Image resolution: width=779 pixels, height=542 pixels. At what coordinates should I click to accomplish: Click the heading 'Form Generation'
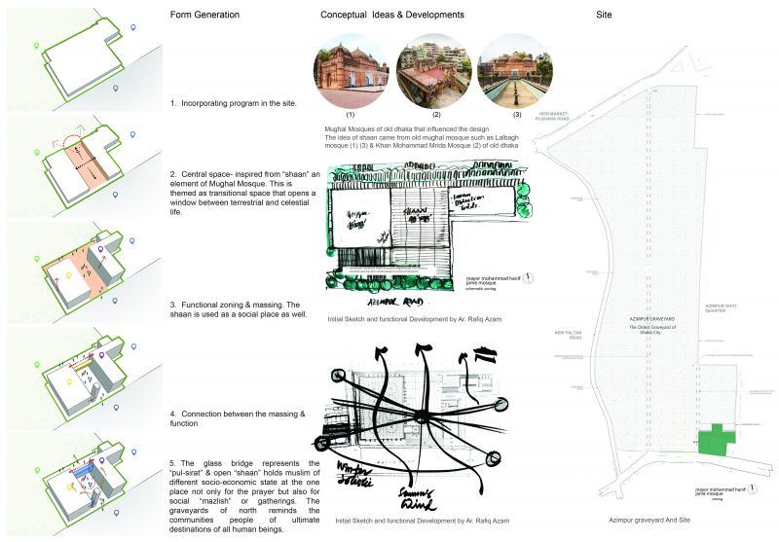click(x=204, y=16)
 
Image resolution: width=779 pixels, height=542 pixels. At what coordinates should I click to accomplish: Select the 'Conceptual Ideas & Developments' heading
click(x=391, y=16)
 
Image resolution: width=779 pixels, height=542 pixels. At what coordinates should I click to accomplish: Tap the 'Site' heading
click(x=603, y=16)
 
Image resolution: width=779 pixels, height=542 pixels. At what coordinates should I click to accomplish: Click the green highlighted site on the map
click(x=717, y=437)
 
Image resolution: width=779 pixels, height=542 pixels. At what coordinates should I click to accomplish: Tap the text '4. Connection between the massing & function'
click(x=238, y=418)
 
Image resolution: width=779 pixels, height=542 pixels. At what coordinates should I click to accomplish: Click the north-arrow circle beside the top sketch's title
click(x=528, y=275)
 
